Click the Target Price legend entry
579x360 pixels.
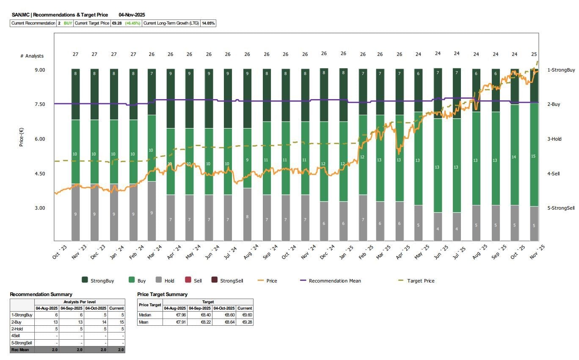[420, 281]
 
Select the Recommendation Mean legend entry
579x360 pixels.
[335, 281]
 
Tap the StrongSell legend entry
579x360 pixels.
[232, 281]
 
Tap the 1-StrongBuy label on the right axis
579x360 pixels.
[561, 70]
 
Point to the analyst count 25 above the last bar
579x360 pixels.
[534, 54]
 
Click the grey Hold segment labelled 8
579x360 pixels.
[247, 217]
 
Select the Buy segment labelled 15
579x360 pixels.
[534, 156]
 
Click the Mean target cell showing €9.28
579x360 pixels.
[245, 322]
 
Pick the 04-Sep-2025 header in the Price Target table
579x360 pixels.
[200, 308]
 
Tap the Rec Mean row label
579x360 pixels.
[20, 349]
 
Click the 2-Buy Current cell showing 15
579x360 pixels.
[116, 322]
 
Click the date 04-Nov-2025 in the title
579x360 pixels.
[132, 15]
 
